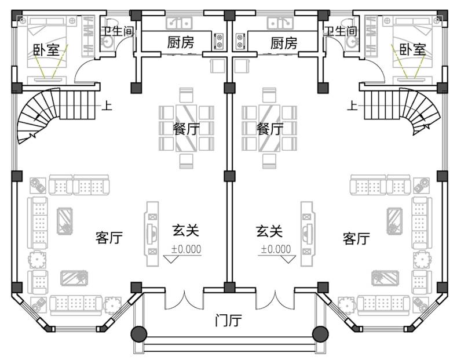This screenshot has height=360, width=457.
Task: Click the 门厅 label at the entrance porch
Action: point(228,321)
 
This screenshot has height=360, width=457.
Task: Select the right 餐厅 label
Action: point(269,128)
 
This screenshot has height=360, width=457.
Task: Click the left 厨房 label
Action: point(180,42)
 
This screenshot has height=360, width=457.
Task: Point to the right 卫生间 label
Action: point(341,31)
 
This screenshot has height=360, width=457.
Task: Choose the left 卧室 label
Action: point(46,50)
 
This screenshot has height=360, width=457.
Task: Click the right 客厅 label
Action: point(356,238)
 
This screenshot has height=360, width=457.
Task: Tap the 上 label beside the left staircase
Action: point(107,105)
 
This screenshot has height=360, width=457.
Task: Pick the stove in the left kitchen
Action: point(219,41)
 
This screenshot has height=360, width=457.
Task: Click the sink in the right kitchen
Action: point(280,23)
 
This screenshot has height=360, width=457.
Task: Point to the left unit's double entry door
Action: point(184,300)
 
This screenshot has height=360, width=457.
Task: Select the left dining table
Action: point(187,128)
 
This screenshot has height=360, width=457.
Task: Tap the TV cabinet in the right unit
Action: point(308,234)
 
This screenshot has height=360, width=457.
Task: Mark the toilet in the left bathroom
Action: point(110,23)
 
